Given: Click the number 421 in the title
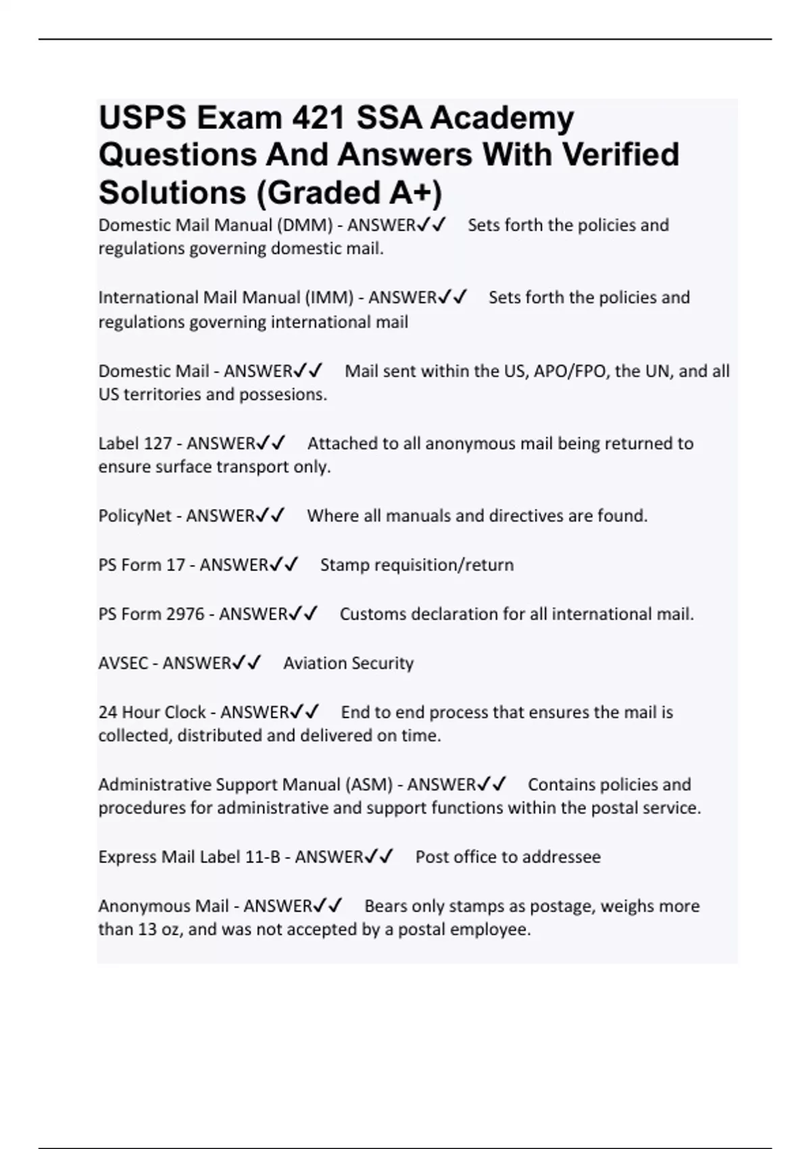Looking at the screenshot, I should pyautogui.click(x=318, y=118).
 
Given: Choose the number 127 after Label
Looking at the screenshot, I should pyautogui.click(x=158, y=443).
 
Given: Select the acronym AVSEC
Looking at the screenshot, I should pyautogui.click(x=123, y=663).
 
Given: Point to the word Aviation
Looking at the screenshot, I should pyautogui.click(x=313, y=663).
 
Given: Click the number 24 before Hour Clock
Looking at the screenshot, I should pyautogui.click(x=108, y=712).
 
